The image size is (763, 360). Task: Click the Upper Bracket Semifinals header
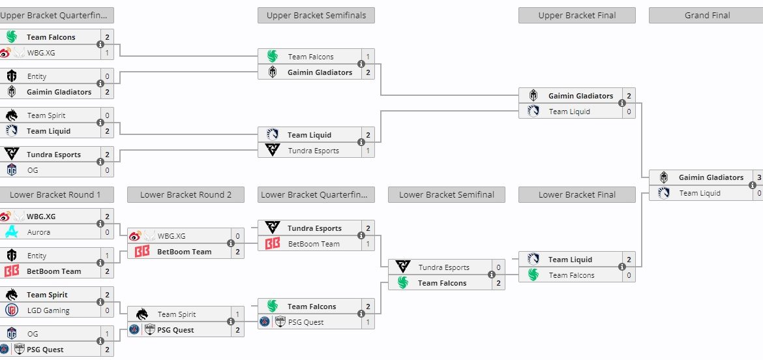point(316,15)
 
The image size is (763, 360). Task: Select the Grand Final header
point(707,15)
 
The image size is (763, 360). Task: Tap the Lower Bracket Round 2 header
point(186,194)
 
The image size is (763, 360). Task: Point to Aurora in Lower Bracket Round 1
point(39,232)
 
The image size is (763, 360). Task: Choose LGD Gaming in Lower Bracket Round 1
point(48,310)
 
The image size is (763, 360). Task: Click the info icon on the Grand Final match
point(752,185)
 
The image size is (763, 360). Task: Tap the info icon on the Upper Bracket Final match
point(621,104)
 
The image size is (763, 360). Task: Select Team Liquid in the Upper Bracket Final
point(569,112)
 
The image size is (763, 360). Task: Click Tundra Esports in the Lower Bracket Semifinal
point(443,267)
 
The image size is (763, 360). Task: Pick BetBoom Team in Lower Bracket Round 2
point(184,252)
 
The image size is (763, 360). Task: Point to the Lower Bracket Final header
point(577,194)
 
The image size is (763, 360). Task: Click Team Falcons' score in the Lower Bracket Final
point(629,275)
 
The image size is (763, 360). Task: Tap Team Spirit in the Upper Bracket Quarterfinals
point(46,115)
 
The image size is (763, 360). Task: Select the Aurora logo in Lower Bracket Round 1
point(11,232)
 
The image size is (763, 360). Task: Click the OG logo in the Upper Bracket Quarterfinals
point(11,170)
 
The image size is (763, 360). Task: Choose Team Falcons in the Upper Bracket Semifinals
point(310,57)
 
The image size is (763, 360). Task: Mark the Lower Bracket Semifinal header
point(447,194)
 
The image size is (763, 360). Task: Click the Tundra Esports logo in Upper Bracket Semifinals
point(272,151)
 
